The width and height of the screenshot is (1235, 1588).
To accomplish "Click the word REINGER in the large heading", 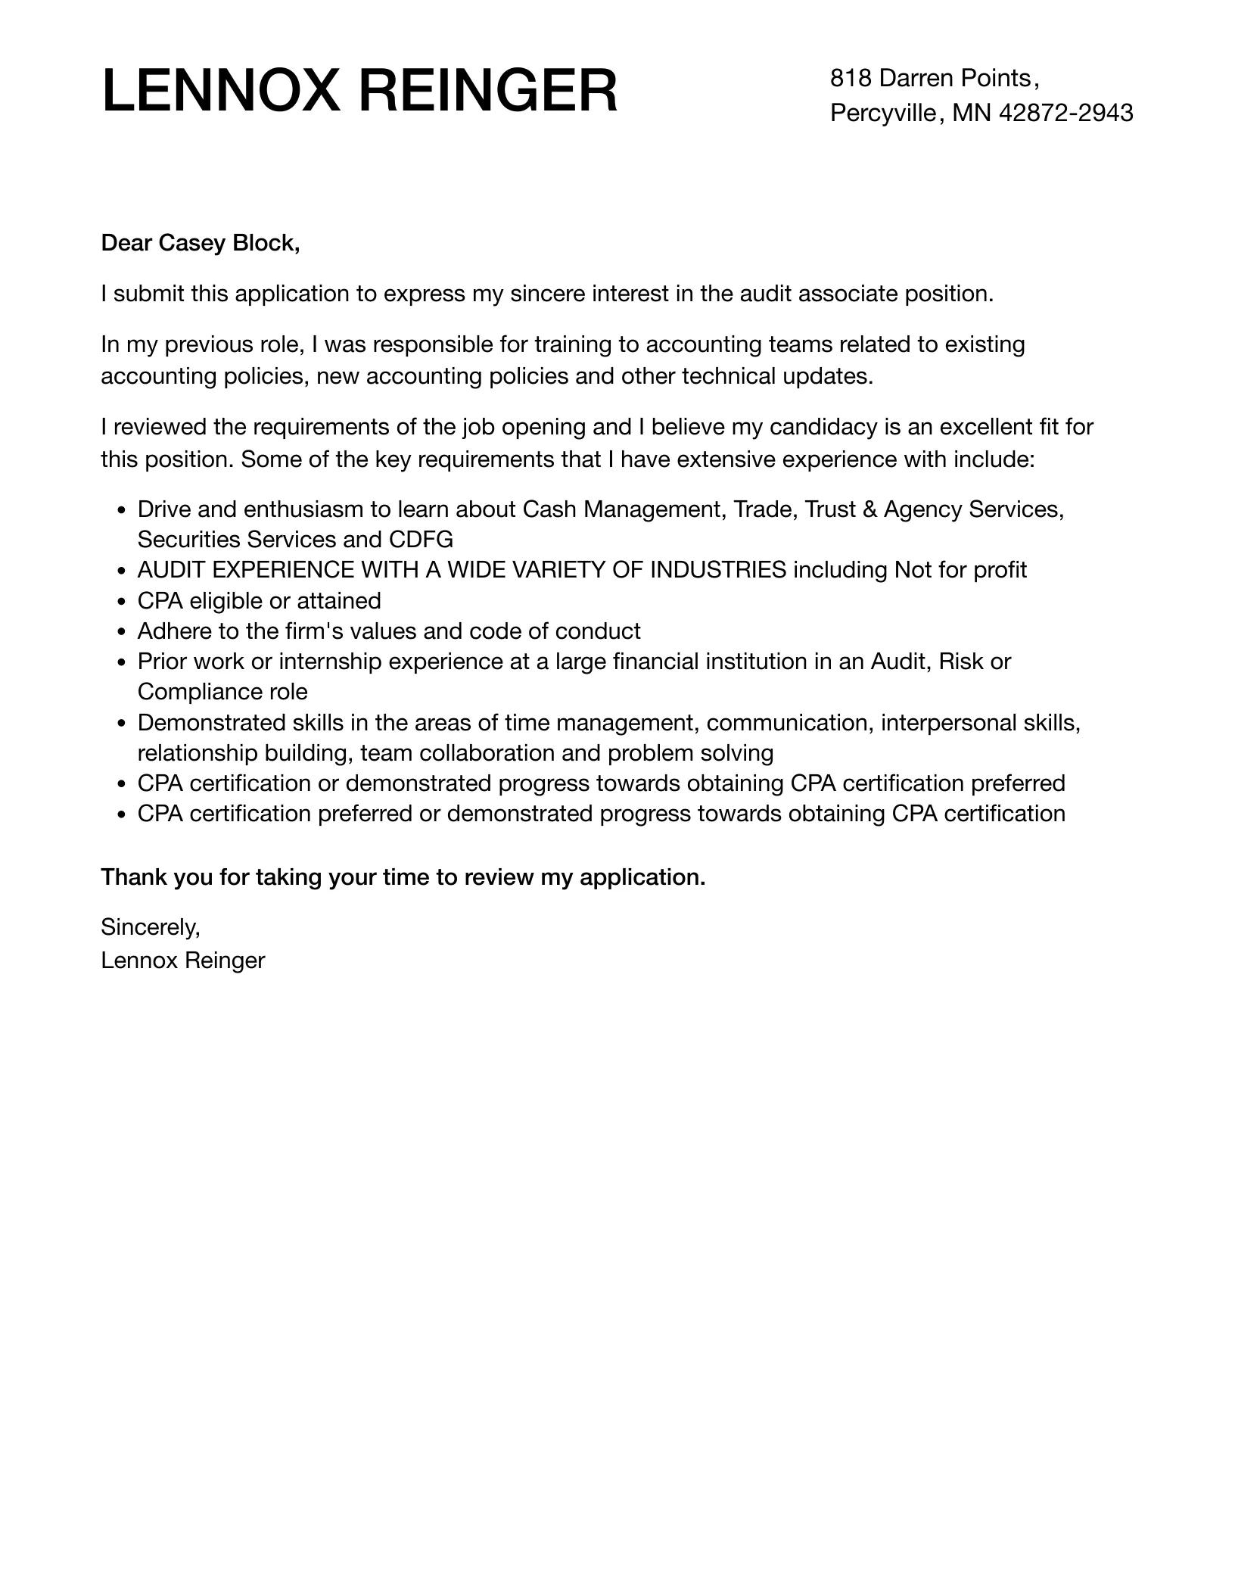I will (487, 92).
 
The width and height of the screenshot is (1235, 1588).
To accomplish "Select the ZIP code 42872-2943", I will (1065, 114).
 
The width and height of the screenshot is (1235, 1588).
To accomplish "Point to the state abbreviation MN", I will (972, 114).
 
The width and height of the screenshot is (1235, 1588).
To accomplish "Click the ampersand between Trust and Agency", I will (869, 510).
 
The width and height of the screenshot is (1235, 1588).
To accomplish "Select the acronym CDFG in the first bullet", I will (420, 540).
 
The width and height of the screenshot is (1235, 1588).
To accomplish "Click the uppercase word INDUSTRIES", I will (717, 571).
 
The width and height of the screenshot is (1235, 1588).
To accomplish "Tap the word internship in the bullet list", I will (330, 662).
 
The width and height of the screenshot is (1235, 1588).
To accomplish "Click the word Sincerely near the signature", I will (150, 928).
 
